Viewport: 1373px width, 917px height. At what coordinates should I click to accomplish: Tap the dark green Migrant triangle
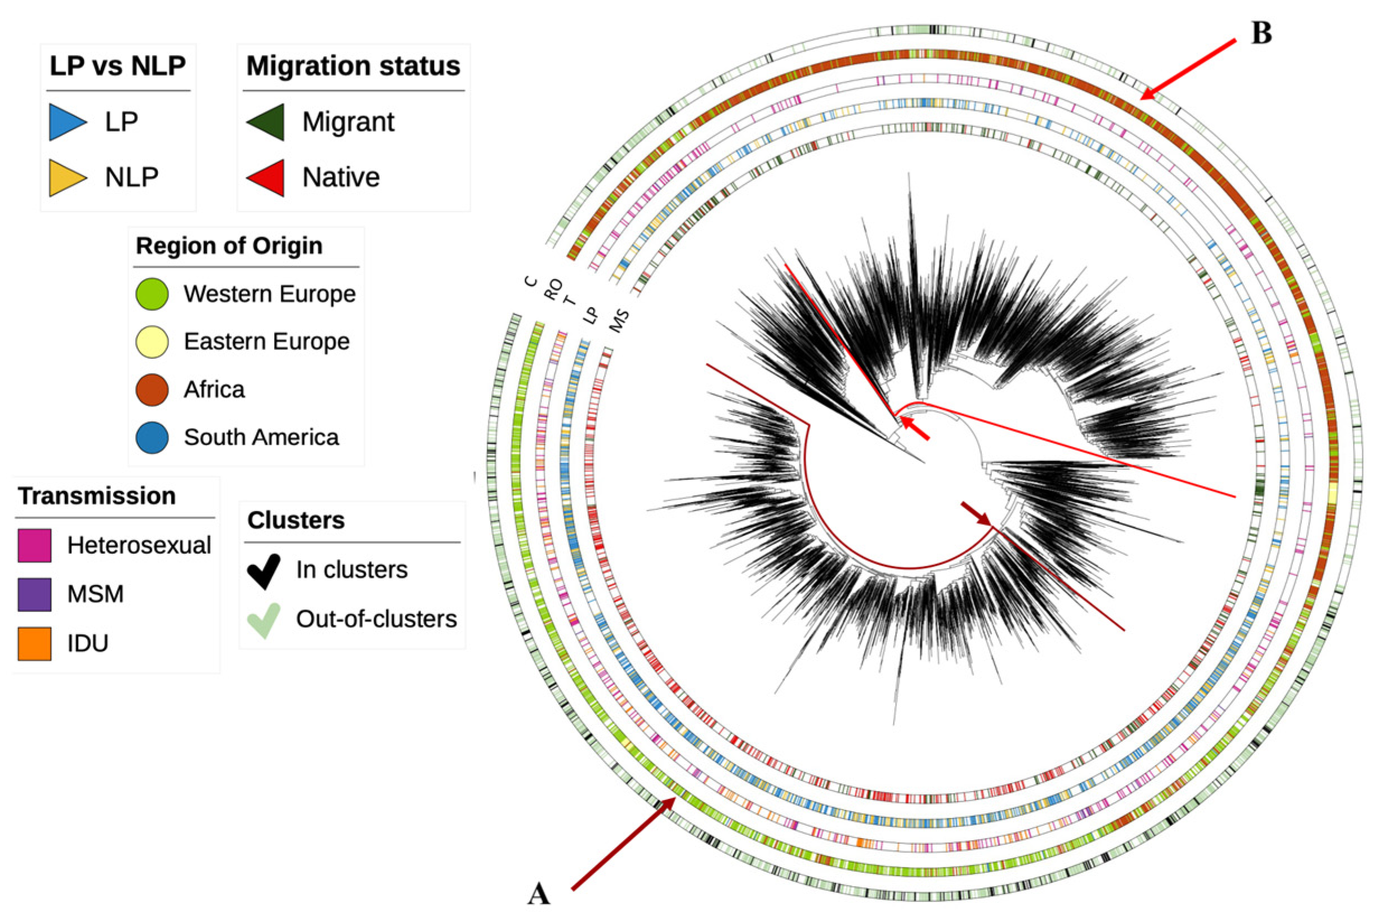pyautogui.click(x=266, y=122)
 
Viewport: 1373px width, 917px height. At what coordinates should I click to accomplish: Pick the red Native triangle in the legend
pyautogui.click(x=266, y=177)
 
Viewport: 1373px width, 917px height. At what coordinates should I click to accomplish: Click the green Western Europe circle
pyautogui.click(x=152, y=293)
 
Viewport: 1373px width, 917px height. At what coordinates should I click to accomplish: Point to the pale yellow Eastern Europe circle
pyautogui.click(x=152, y=341)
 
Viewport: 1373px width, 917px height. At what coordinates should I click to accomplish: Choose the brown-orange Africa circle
pyautogui.click(x=152, y=390)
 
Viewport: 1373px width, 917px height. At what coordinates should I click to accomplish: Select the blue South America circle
pyautogui.click(x=152, y=437)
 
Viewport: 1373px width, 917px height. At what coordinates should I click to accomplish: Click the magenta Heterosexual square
pyautogui.click(x=35, y=546)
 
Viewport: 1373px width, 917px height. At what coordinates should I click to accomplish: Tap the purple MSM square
pyautogui.click(x=35, y=594)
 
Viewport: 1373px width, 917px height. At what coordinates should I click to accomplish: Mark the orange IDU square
pyautogui.click(x=35, y=643)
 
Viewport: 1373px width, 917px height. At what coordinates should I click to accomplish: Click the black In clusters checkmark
pyautogui.click(x=264, y=570)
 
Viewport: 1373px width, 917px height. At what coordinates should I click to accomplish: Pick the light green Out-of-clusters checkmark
pyautogui.click(x=264, y=620)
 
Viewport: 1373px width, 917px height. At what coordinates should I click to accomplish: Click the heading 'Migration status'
pyautogui.click(x=353, y=65)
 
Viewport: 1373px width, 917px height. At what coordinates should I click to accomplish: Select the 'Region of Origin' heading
pyautogui.click(x=229, y=246)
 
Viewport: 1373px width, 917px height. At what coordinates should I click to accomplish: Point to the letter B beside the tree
pyautogui.click(x=1261, y=34)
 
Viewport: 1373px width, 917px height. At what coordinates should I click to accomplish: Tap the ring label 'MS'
pyautogui.click(x=619, y=320)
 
